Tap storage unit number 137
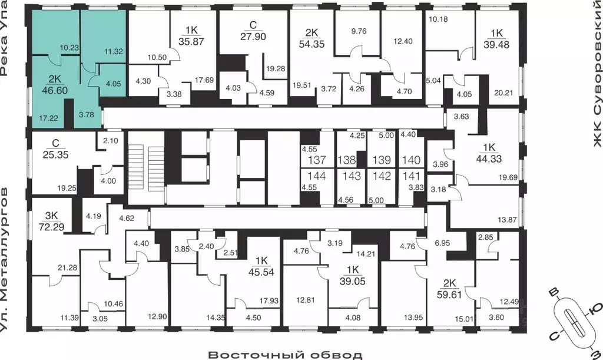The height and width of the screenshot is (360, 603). coord(317,160)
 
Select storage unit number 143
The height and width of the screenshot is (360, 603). coord(352,176)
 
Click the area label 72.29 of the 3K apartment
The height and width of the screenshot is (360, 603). coord(52,227)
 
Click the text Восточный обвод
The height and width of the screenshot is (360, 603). coord(285,354)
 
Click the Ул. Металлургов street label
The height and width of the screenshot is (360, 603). coord(4,260)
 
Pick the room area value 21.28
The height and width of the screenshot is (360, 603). coord(67,267)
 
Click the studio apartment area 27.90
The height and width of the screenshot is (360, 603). coord(253,37)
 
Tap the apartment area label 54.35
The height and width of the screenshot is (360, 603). coord(312,44)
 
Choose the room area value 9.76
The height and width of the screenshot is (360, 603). coord(359,31)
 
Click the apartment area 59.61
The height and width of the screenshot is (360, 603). coord(449,295)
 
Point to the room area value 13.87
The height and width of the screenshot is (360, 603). coord(507,220)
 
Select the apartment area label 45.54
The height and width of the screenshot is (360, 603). coord(261,272)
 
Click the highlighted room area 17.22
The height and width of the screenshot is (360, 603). coord(48,118)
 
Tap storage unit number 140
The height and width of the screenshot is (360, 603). coord(412,160)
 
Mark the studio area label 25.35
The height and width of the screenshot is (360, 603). coord(55,154)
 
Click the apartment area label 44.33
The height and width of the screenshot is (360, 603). coord(489,158)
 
